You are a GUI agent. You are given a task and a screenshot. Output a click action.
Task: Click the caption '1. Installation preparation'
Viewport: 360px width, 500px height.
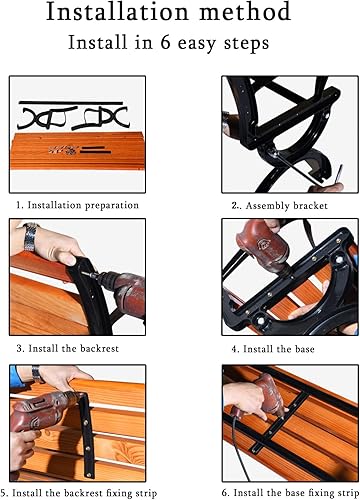tap(77, 204)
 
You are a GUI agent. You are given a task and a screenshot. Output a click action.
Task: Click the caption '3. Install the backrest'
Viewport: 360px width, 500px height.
tap(68, 349)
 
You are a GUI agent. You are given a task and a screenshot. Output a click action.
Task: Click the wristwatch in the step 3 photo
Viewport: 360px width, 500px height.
tap(33, 238)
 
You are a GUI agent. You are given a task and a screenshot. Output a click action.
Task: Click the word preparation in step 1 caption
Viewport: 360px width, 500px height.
tap(110, 204)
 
